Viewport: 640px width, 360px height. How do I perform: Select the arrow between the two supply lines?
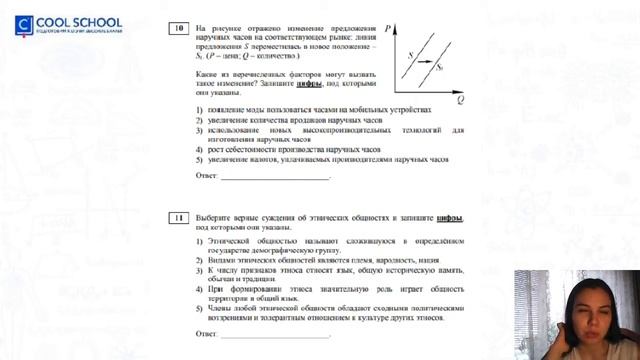[425, 64]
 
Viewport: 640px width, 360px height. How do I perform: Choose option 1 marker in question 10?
[200, 109]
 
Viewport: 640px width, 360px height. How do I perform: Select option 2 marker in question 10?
[200, 119]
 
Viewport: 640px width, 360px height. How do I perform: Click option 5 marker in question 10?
[200, 158]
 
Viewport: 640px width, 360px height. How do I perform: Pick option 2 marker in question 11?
[200, 259]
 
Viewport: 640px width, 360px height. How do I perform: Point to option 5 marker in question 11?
[200, 308]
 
